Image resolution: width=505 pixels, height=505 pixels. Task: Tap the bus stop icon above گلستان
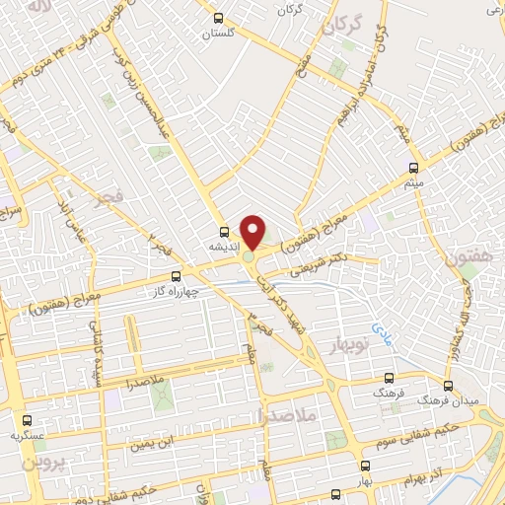pyautogui.click(x=220, y=17)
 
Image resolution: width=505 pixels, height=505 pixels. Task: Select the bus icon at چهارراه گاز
pyautogui.click(x=177, y=276)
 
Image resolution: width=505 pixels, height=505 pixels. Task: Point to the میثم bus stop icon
pyautogui.click(x=413, y=167)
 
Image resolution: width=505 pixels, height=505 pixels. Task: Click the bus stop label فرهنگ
pyautogui.click(x=388, y=392)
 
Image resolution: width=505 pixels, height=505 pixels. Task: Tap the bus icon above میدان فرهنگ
pyautogui.click(x=449, y=386)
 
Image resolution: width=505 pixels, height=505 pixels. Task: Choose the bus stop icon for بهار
pyautogui.click(x=366, y=465)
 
